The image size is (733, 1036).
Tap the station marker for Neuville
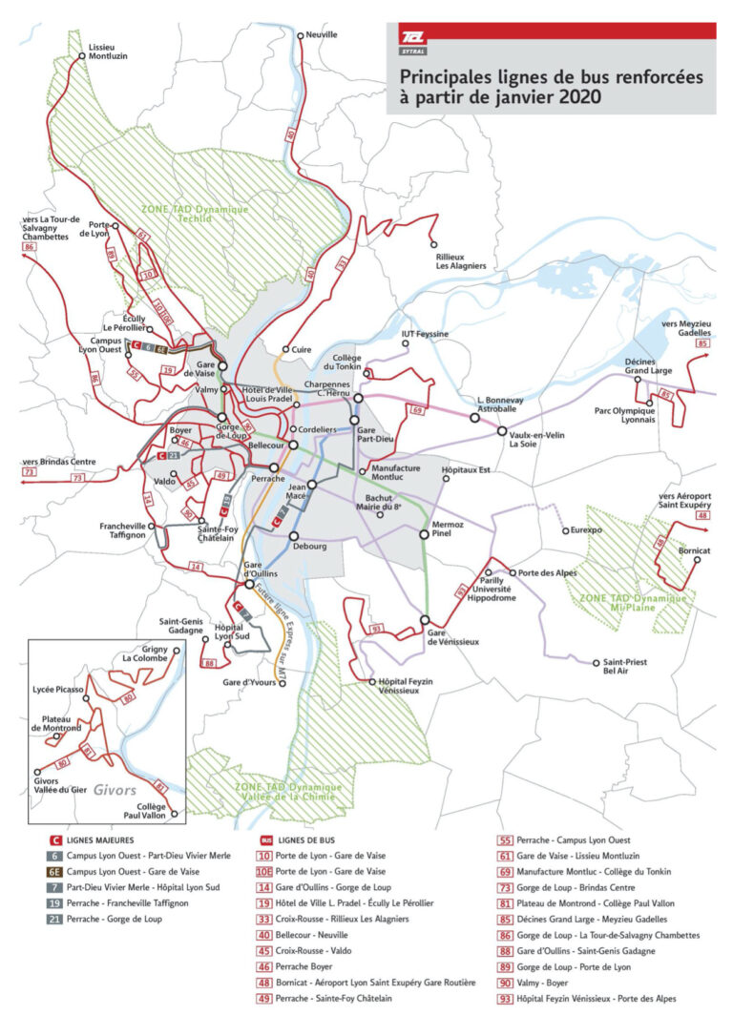click(x=301, y=36)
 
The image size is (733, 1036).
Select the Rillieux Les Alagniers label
click(x=461, y=260)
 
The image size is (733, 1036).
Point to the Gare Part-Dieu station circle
click(x=359, y=398)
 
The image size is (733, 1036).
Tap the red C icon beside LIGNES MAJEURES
click(x=55, y=839)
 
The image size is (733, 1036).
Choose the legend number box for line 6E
click(x=55, y=872)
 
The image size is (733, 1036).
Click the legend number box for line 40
click(x=266, y=935)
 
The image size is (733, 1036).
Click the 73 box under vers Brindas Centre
click(x=30, y=472)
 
